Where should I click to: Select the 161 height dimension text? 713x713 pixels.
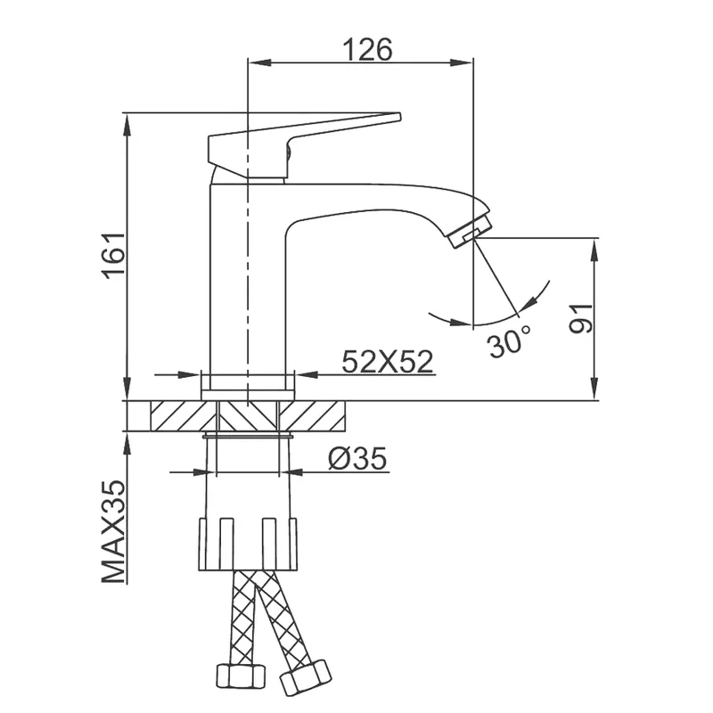(113, 256)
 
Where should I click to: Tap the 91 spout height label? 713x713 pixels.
(581, 318)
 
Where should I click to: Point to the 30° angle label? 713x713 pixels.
(510, 341)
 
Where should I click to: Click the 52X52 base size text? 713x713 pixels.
(388, 362)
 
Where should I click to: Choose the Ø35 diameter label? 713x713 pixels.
(357, 458)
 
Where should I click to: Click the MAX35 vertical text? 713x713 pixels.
(113, 531)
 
